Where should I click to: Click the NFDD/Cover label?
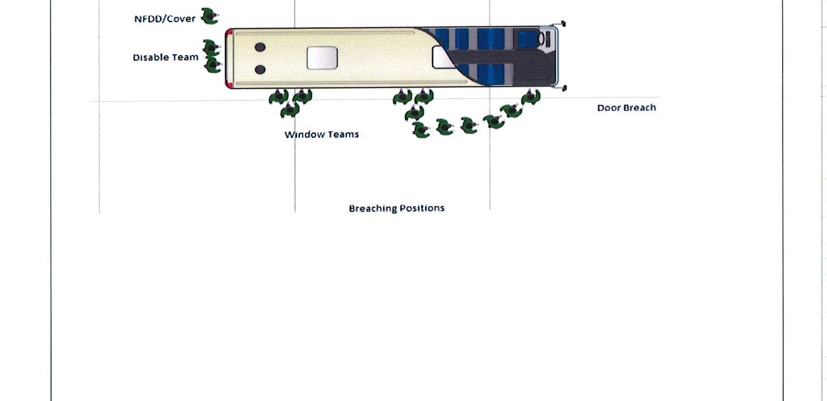165,19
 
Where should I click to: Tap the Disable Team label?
165,57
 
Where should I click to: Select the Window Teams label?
321,134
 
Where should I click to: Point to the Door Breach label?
626,108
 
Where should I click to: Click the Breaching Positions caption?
396,208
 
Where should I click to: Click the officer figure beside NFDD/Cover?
210,17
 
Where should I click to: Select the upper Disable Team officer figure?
211,48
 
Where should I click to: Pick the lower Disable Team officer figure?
212,64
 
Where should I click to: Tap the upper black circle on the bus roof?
260,47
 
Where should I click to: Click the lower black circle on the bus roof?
260,70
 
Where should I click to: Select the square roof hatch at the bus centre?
322,58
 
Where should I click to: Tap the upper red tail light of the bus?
228,33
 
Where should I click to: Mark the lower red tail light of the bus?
228,84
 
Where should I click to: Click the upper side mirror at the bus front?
563,23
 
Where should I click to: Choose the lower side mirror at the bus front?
564,88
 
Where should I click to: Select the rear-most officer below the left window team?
290,110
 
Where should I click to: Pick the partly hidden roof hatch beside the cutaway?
441,57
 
